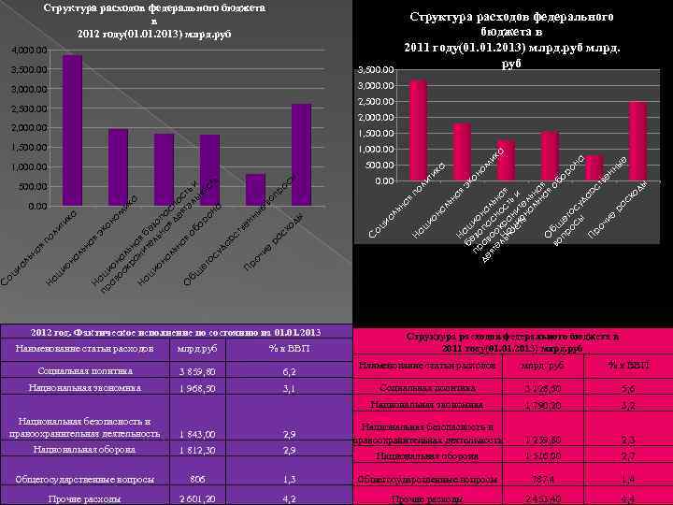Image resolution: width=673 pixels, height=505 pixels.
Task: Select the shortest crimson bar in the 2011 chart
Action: [x=594, y=169]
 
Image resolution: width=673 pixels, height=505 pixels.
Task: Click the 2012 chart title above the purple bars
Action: [x=154, y=21]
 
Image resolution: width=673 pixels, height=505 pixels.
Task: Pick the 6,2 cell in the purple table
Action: [x=291, y=371]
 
